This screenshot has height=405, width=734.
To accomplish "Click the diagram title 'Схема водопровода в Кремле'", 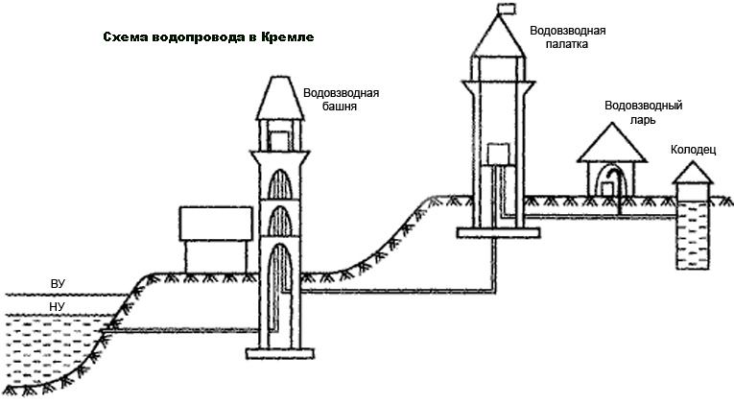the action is tap(208, 37).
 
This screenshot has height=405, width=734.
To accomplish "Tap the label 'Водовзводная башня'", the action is tap(341, 99).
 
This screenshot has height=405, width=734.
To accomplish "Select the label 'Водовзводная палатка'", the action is tap(567, 37).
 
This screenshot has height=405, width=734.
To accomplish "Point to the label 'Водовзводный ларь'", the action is tap(643, 112).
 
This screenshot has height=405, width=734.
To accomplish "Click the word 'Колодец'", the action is tap(694, 150).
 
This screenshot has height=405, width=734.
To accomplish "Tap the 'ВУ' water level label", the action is tap(58, 284).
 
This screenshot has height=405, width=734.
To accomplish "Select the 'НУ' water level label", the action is tap(58, 307).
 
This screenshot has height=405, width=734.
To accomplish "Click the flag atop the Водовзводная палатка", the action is tap(506, 9).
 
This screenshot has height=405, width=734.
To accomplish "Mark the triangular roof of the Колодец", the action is tap(693, 173).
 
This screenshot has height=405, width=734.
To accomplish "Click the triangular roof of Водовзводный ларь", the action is tap(611, 143).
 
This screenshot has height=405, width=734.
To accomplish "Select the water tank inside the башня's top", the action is tap(279, 141).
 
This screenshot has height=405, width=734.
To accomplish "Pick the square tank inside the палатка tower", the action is tap(498, 155).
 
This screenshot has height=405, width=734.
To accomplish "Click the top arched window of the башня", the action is tap(279, 184).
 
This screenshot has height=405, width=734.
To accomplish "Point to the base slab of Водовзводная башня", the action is tap(280, 353).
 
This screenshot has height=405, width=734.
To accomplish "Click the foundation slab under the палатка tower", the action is tap(499, 232).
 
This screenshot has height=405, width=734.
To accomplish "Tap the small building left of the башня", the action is tap(216, 239).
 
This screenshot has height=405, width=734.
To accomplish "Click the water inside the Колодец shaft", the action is tap(694, 235).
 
